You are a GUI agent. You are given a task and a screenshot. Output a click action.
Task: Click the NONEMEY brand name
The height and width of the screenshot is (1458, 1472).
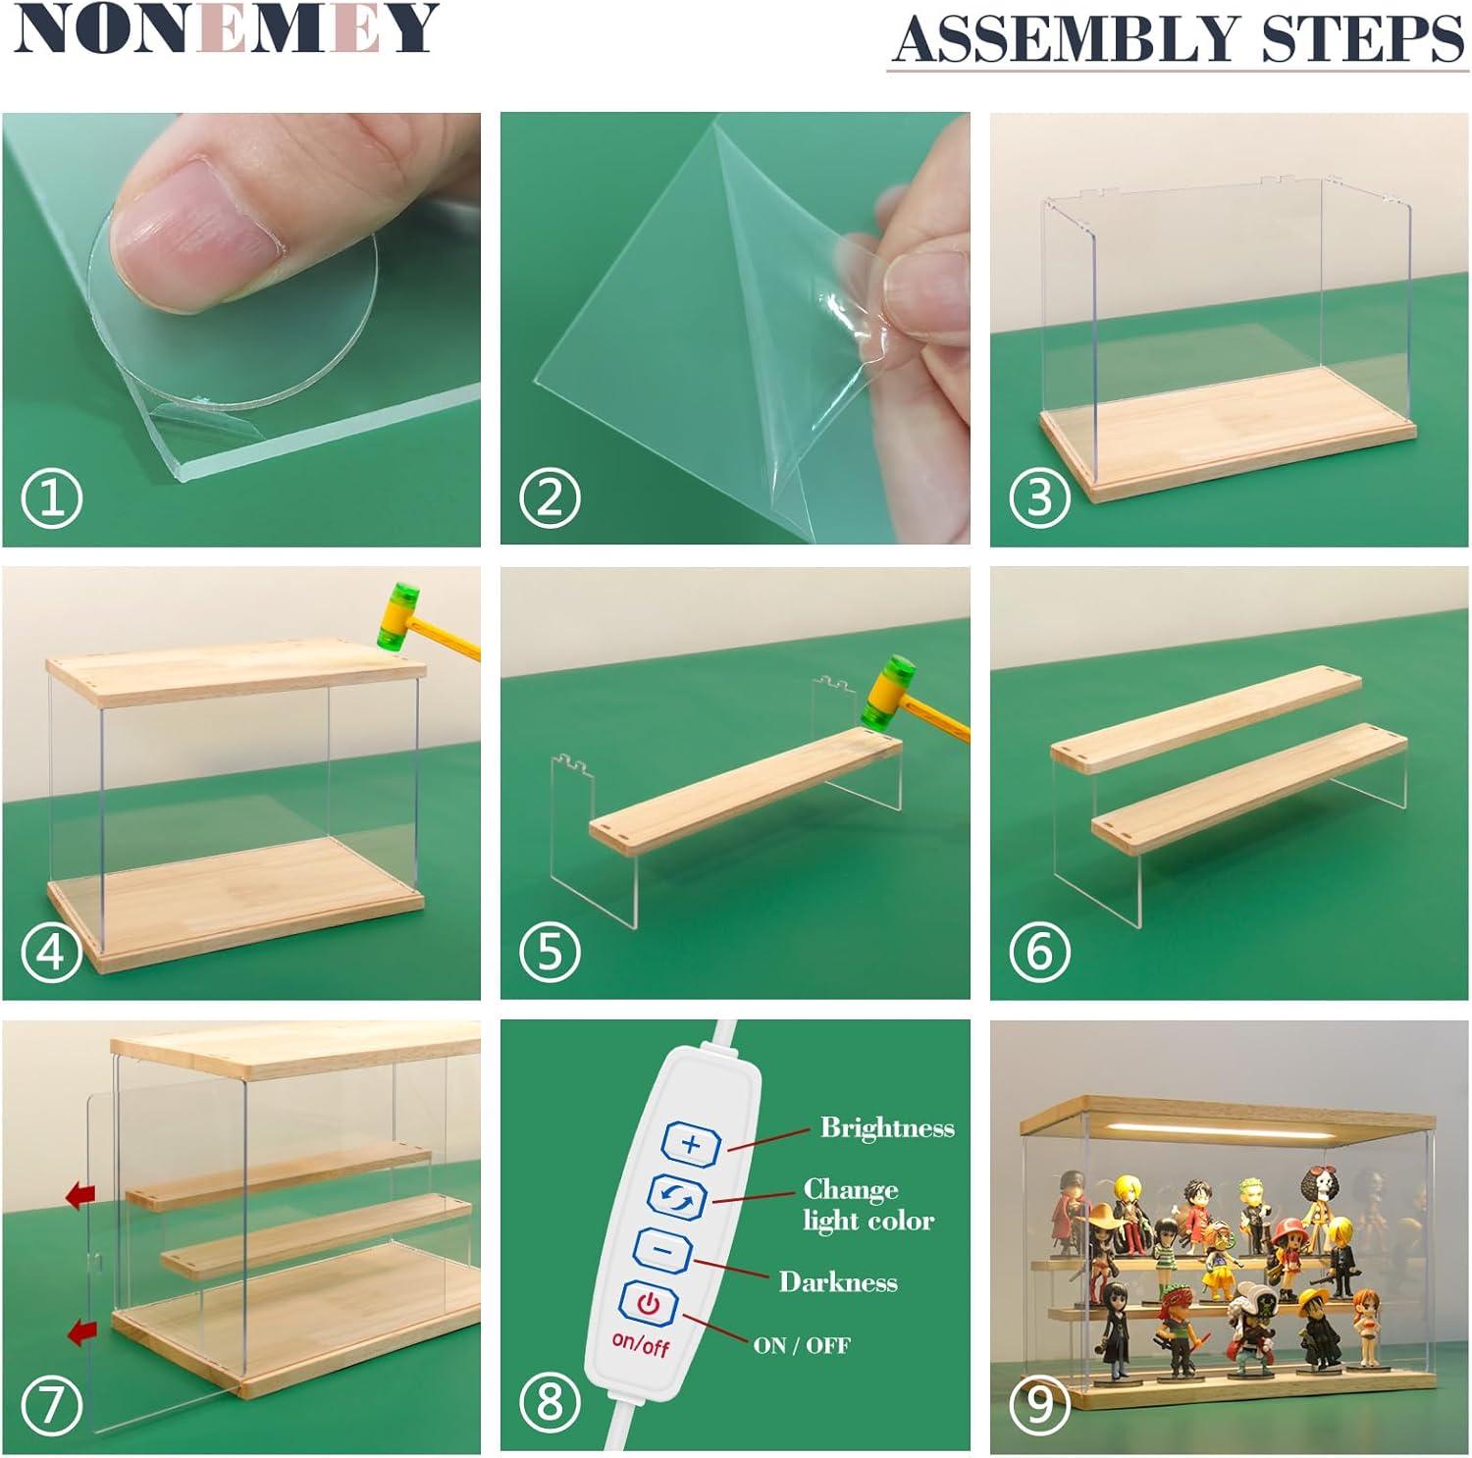227,28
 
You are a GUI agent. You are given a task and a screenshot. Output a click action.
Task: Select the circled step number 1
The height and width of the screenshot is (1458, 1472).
52,496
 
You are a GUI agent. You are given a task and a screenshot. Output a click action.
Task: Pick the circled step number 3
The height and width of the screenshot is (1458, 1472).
1040,496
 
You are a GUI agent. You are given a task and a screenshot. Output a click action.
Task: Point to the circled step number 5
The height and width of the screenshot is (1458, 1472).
550,951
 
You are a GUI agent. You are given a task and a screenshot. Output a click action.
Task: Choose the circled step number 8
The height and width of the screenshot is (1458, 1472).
550,1403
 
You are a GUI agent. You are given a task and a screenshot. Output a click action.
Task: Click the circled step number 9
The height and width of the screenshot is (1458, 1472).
1040,1403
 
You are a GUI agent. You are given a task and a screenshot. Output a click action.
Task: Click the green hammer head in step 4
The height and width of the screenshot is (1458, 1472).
399,614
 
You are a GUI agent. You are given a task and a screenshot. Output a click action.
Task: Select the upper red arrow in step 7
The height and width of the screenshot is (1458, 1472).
80,1195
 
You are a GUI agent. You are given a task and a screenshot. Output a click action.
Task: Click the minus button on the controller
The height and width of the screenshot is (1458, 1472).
663,1250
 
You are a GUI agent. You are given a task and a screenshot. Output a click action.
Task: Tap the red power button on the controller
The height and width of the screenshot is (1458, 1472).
648,1303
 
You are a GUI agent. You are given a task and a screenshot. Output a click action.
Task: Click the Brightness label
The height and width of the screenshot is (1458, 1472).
887,1128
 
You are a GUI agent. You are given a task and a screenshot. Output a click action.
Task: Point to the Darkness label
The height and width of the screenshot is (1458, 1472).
838,1281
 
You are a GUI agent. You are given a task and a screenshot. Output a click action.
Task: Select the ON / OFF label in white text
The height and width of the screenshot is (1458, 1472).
802,1345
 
